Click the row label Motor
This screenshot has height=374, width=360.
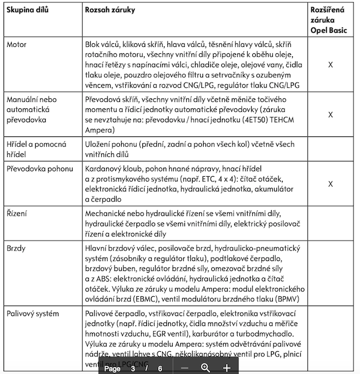[16, 44]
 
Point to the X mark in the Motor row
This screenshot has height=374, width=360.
[331, 65]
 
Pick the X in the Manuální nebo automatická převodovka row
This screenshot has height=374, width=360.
[331, 114]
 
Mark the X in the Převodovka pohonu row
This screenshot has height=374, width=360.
[331, 184]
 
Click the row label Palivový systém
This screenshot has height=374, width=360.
[33, 314]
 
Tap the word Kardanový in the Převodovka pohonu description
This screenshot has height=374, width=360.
[105, 169]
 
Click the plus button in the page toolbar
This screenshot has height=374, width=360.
[227, 368]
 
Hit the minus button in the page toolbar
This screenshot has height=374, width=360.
[185, 368]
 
